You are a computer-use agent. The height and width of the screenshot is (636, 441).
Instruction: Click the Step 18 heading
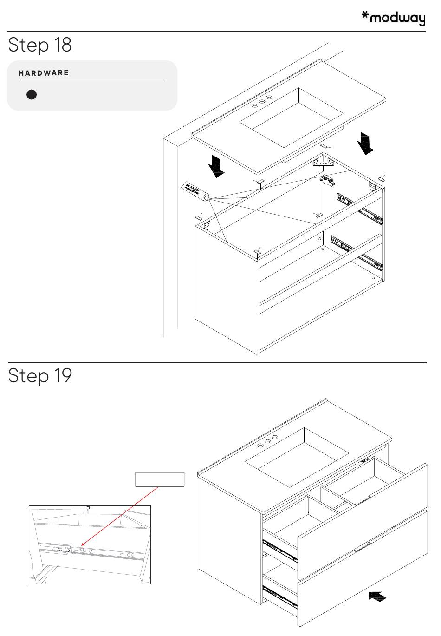(40, 45)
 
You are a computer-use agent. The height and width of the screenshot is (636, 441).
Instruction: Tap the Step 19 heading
(40, 375)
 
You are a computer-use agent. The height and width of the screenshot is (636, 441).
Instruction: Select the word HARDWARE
(44, 73)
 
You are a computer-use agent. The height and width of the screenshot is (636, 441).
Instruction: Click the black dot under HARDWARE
(32, 95)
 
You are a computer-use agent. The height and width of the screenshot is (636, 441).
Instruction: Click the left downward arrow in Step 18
(215, 166)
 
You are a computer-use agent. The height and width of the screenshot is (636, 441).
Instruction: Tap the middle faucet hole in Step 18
(262, 102)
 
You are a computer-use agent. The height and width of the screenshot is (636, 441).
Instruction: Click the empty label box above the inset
(160, 479)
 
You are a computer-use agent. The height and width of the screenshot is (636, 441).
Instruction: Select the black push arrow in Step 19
(377, 596)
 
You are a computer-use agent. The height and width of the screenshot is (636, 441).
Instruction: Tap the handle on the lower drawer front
(362, 548)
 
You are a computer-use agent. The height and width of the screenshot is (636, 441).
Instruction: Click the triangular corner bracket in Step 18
(323, 162)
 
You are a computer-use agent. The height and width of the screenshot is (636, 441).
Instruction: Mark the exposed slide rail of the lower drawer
(280, 597)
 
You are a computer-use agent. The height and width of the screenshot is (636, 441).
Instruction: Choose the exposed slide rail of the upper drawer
(280, 551)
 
